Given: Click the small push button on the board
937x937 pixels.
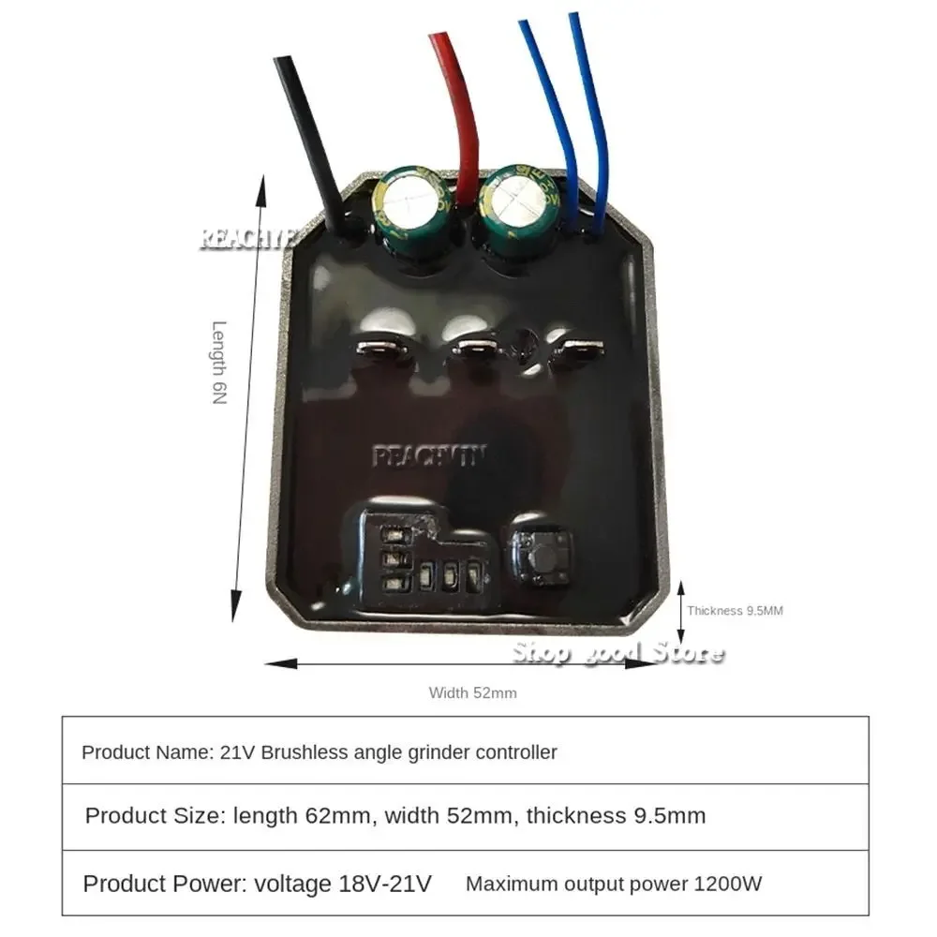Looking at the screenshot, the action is [539, 554].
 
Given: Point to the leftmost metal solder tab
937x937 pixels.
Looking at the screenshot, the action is [379, 350].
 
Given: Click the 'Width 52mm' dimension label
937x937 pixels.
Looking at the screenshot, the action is [473, 693].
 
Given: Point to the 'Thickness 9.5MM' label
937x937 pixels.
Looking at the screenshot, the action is [735, 611].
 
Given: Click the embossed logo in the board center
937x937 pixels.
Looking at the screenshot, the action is [429, 457].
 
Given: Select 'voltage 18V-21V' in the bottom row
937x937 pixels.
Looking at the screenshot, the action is [343, 884].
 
